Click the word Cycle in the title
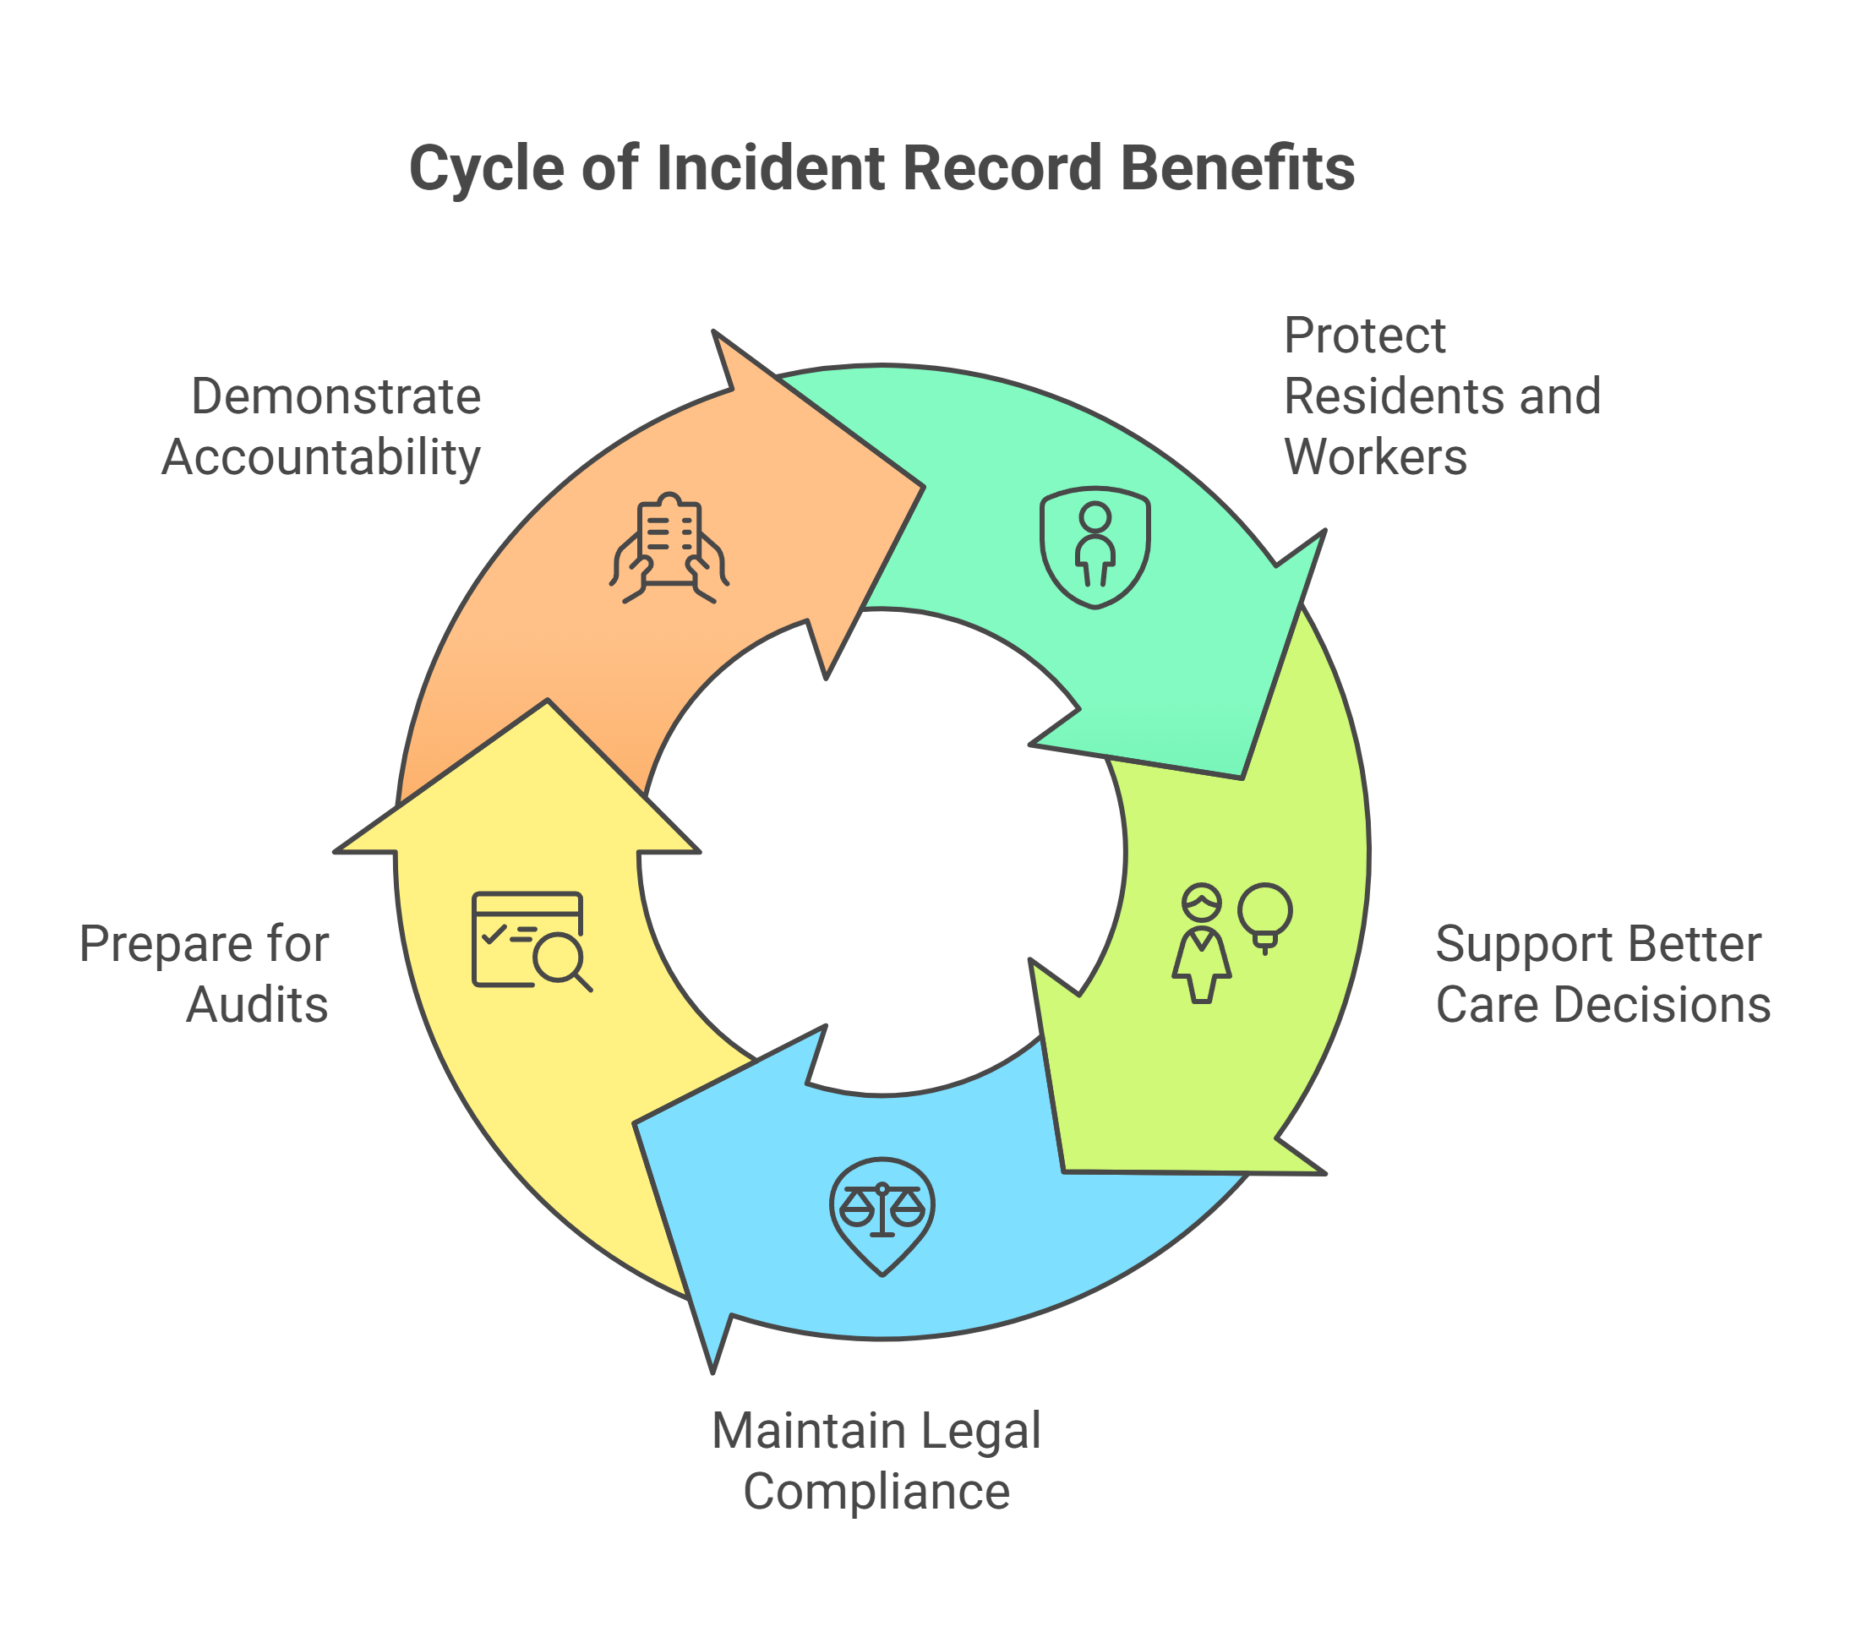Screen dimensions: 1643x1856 (487, 169)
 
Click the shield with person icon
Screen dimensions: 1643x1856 (1095, 548)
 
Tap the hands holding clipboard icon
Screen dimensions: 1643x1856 (669, 548)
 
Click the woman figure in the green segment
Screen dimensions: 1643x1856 (1201, 945)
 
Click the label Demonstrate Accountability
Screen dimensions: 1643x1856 (322, 427)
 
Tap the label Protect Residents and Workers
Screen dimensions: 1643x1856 (1441, 396)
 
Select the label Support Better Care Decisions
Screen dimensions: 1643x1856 (1602, 974)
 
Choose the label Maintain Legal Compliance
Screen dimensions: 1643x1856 (876, 1461)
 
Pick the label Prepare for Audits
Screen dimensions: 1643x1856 (205, 974)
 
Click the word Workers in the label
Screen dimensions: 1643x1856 (1375, 457)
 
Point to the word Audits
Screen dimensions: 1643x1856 (257, 1006)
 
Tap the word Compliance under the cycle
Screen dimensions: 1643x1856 (876, 1493)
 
